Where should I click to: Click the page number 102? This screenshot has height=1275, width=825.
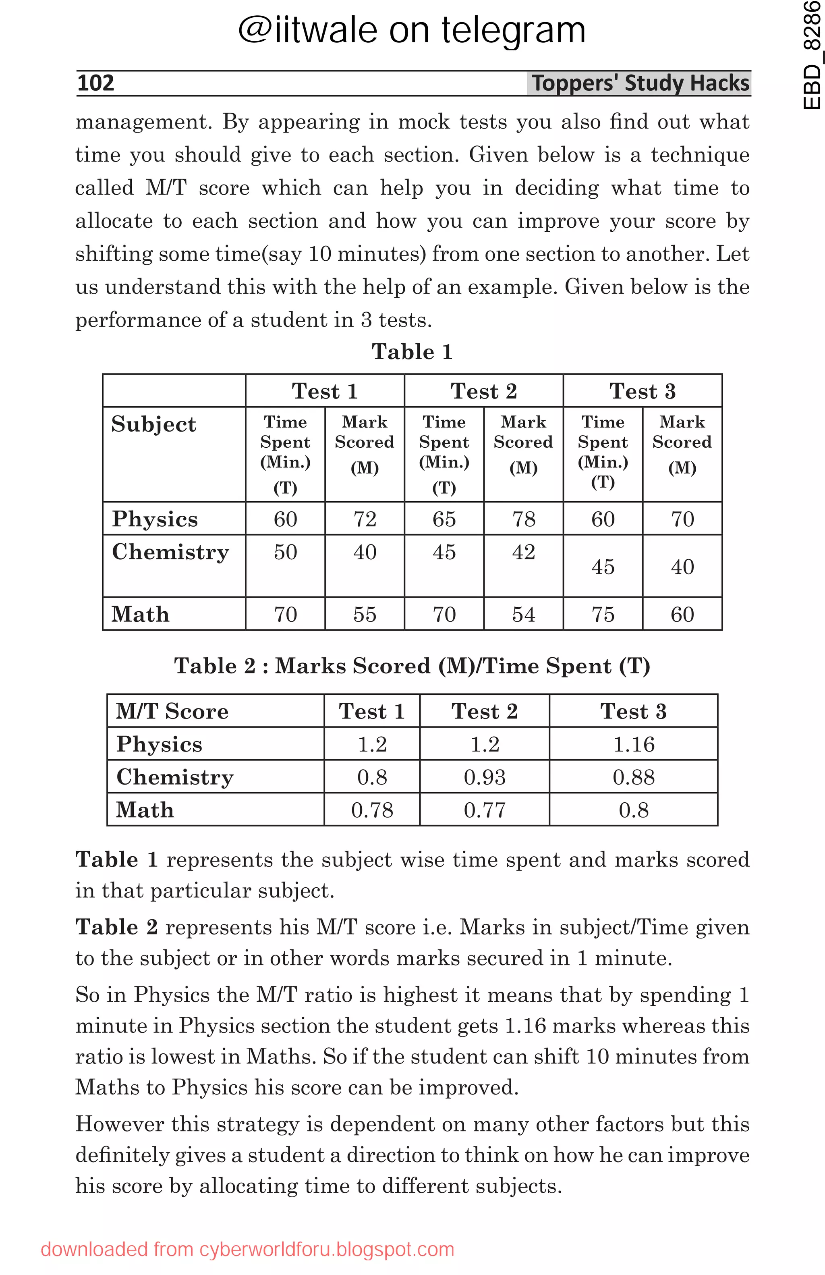[x=96, y=83]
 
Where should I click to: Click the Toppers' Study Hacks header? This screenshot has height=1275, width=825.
[x=640, y=83]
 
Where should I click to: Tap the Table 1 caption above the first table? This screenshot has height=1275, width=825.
[x=412, y=352]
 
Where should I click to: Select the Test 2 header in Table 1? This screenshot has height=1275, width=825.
[x=483, y=391]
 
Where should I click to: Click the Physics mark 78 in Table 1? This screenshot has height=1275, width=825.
[x=523, y=519]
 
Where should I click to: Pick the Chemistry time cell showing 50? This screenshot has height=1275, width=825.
[x=285, y=552]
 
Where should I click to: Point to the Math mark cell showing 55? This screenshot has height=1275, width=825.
[x=364, y=614]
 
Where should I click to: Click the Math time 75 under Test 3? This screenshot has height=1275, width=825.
[x=602, y=614]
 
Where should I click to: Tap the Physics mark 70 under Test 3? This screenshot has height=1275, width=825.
[x=682, y=519]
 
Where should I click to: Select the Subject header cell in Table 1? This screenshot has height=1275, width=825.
[x=153, y=424]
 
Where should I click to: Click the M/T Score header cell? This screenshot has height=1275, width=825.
[x=172, y=711]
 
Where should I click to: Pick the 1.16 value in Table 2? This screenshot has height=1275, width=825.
[x=633, y=744]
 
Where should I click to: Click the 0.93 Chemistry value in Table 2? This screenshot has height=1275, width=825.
[x=485, y=777]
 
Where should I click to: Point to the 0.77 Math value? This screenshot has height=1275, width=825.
[x=485, y=810]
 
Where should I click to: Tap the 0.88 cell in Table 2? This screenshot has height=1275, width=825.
[x=633, y=777]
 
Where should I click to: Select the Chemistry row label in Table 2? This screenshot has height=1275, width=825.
[x=175, y=777]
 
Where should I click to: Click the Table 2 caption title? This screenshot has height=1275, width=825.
[x=412, y=666]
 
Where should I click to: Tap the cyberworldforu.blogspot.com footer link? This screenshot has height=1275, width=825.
[x=247, y=1249]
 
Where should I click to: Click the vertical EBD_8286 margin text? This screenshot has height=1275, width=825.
[x=812, y=56]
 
